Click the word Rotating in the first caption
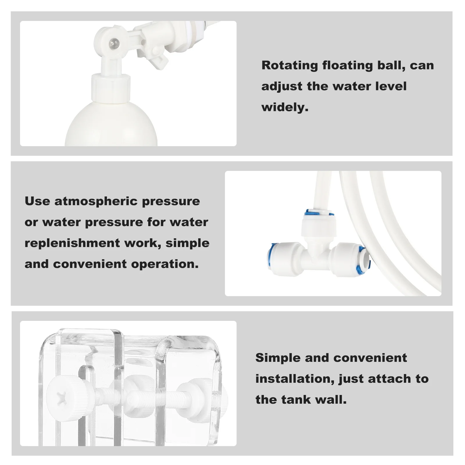point(290,65)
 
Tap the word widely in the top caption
point(285,107)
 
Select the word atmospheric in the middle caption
point(96,201)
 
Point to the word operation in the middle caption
point(165,264)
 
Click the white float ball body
point(111,128)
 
